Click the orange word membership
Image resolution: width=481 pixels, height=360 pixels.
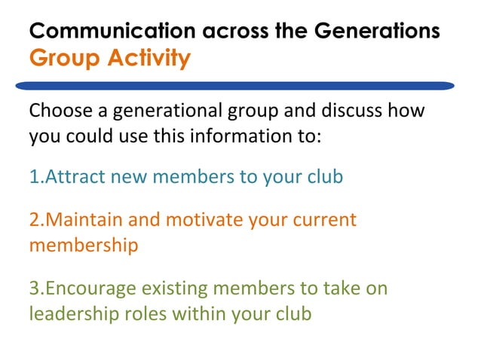(x=83, y=246)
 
